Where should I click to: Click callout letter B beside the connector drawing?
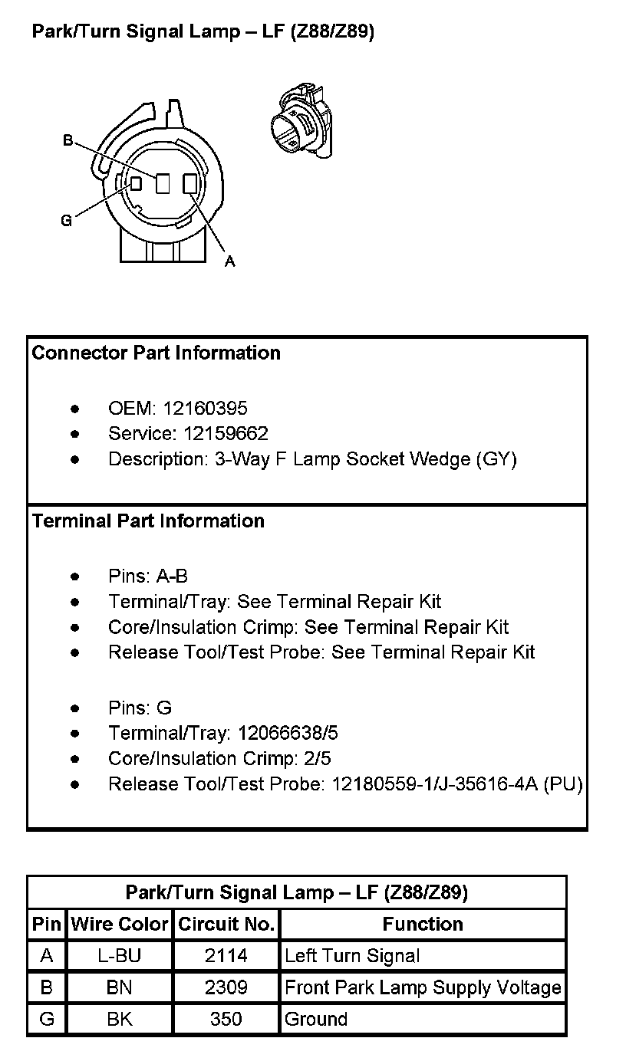pyautogui.click(x=68, y=140)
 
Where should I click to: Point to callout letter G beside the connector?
pyautogui.click(x=67, y=221)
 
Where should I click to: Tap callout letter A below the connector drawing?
pyautogui.click(x=229, y=262)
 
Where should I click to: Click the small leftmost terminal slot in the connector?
pyautogui.click(x=136, y=184)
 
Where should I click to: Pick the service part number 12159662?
pyautogui.click(x=226, y=434)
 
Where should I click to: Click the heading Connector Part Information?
pyautogui.click(x=156, y=353)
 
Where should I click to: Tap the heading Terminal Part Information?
pyautogui.click(x=148, y=521)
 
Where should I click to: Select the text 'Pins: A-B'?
pyautogui.click(x=148, y=576)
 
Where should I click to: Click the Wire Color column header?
pyautogui.click(x=120, y=925)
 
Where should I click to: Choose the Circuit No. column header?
pyautogui.click(x=226, y=925)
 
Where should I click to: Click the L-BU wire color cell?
pyautogui.click(x=120, y=956)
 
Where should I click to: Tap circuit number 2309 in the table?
pyautogui.click(x=226, y=987)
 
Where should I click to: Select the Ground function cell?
pyautogui.click(x=316, y=1020)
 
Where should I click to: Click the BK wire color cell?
pyautogui.click(x=120, y=1020)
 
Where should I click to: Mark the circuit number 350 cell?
pyautogui.click(x=226, y=1020)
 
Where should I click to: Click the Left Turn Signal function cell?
pyautogui.click(x=352, y=956)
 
